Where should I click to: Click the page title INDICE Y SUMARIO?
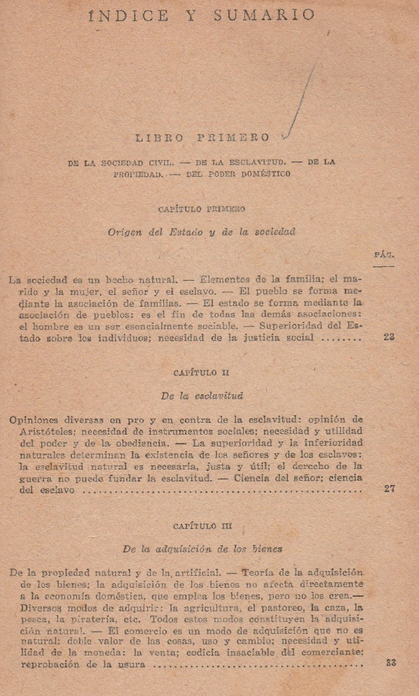202,15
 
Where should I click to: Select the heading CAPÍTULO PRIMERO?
201,209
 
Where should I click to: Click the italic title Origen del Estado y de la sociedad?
201,232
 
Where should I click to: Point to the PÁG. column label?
384,255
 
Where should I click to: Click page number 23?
389,337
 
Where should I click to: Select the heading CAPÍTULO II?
201,373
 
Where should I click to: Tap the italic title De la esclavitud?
201,396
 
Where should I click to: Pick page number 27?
389,489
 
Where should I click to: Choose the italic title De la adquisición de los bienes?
201,549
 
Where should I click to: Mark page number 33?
390,662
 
